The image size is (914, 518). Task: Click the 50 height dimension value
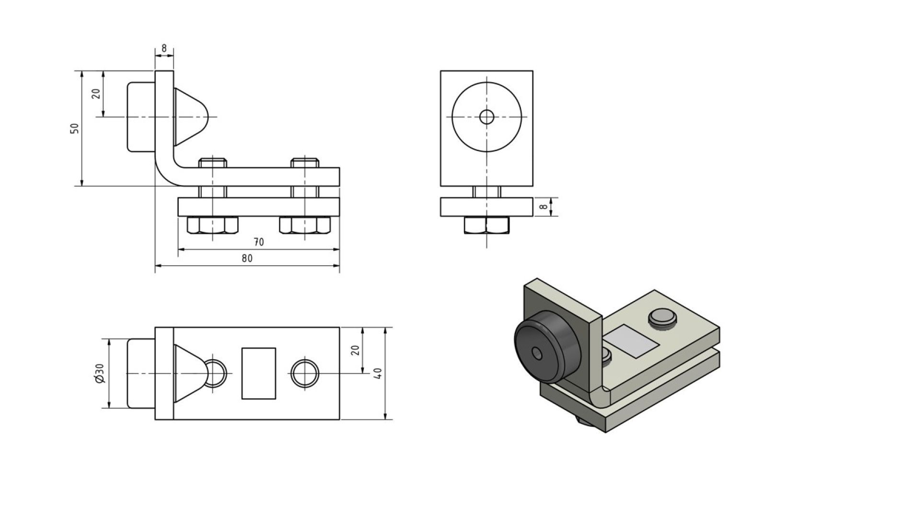(74, 128)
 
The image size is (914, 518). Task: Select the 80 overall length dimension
(247, 259)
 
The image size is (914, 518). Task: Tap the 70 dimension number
(258, 242)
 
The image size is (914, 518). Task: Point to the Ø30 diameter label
(100, 373)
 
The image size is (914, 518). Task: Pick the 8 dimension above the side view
(164, 48)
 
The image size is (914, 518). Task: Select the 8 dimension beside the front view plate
(543, 207)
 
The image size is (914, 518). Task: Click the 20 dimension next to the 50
(96, 94)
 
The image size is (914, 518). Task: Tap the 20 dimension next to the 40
(355, 350)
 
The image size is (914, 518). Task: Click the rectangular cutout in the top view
(258, 373)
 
